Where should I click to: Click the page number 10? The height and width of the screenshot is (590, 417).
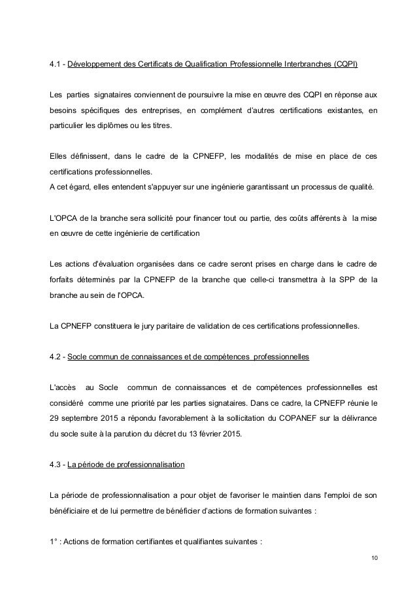tap(374, 557)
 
